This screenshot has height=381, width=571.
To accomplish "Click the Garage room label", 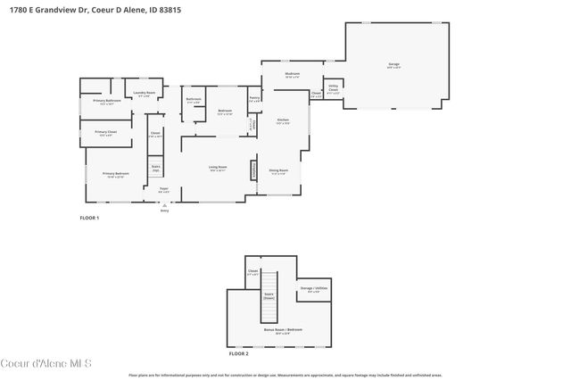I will [393, 64].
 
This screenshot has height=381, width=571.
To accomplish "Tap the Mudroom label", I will [292, 75].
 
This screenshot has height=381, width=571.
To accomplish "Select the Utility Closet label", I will [333, 89].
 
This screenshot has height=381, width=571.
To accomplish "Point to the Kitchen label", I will [282, 120].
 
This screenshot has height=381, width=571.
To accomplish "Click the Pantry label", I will [254, 100].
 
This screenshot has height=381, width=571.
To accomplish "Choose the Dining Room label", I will [279, 170].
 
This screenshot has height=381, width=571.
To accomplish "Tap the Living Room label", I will [218, 168].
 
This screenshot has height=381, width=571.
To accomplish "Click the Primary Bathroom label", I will [107, 102].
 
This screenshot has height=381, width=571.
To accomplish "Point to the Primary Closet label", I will [105, 133].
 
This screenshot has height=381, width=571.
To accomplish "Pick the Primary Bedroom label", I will [115, 174].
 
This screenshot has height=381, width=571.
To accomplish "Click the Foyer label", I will [164, 189].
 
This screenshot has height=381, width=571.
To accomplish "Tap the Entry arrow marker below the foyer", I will [164, 205].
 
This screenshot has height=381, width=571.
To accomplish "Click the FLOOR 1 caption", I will [89, 218].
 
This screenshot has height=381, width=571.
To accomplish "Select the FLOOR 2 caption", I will [239, 354].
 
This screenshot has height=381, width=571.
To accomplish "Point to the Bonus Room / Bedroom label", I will [282, 330].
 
